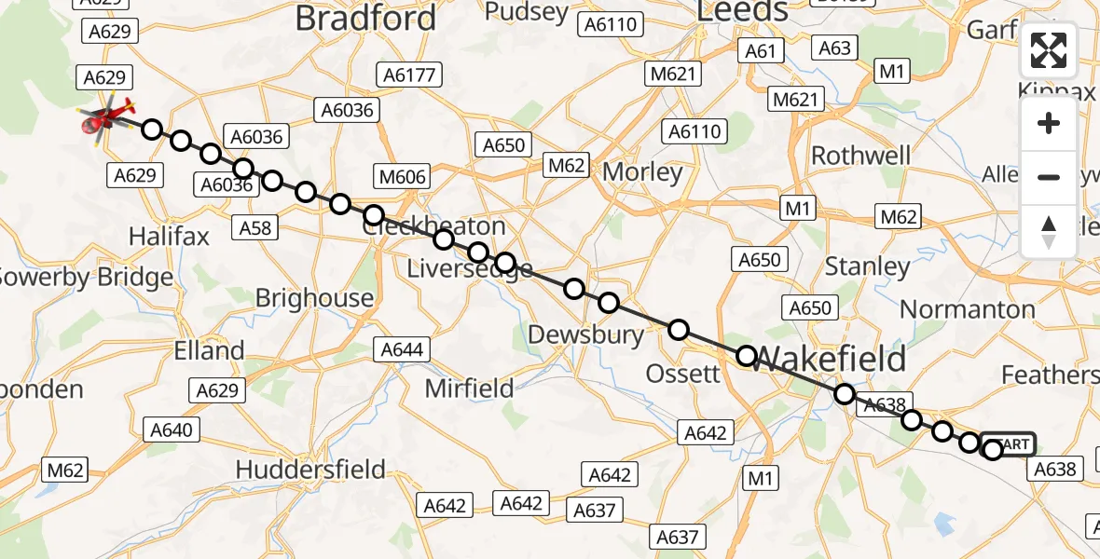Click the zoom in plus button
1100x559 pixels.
[1049, 124]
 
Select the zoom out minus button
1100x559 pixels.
[1049, 177]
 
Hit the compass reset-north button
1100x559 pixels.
[1049, 231]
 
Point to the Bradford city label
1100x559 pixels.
[365, 19]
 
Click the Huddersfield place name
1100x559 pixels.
[310, 470]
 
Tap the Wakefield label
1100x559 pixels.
[829, 359]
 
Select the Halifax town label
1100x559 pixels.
[170, 237]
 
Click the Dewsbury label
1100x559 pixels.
[585, 334]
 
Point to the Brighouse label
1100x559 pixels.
[314, 298]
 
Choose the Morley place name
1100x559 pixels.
[642, 172]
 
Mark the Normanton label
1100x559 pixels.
[968, 308]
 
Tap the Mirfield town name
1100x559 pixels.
[469, 389]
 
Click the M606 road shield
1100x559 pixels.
[402, 177]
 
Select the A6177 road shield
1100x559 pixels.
[410, 75]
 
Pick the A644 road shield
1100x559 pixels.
[402, 350]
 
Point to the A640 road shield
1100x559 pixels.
[172, 429]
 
